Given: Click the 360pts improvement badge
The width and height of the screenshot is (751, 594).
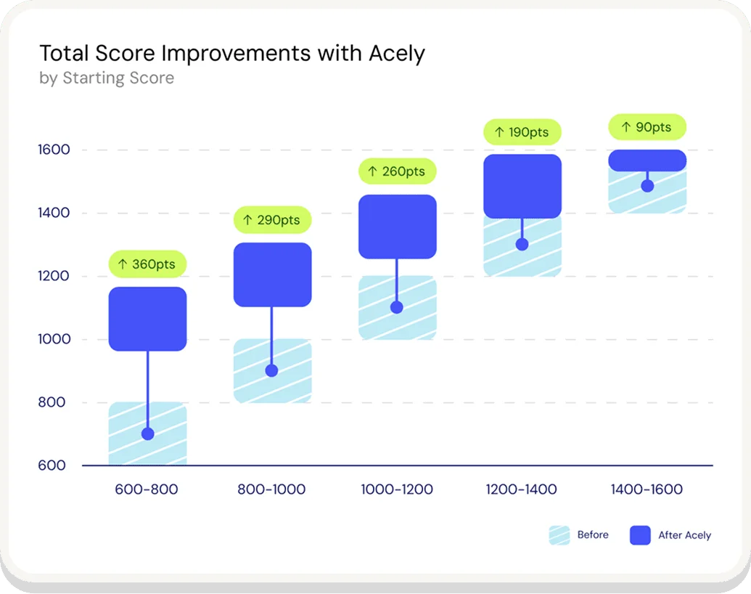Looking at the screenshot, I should coord(148,264).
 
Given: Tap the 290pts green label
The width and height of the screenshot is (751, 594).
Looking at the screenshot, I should coord(272,220).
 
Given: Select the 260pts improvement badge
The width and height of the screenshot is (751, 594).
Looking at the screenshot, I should coord(397,171).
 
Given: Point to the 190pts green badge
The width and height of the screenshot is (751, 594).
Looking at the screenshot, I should coord(522,133).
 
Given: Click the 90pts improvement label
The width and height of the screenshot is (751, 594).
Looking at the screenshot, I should coord(647,127).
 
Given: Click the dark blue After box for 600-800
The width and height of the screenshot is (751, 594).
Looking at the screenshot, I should coord(148,319).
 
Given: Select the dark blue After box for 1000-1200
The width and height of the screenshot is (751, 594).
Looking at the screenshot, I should coord(397,227).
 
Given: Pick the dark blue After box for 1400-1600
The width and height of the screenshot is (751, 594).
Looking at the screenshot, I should coord(647,160).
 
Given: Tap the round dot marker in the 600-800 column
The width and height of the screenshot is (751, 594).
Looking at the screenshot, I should coord(148,434).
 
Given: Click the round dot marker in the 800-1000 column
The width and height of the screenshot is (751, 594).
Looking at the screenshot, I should coord(272,370).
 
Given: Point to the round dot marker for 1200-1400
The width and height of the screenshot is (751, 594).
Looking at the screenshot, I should coord(522,244).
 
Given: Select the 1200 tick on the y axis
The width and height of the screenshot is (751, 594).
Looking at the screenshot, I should coord(54,276).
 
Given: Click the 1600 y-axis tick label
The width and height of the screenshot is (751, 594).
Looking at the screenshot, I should coord(54,150).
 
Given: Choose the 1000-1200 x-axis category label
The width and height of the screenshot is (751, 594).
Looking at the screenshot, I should coord(397,489).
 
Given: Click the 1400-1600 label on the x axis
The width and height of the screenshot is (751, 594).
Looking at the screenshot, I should coord(647,489).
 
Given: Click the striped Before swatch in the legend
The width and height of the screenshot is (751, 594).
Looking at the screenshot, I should coord(559,535).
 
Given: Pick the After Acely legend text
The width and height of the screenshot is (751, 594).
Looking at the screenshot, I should coord(684,535).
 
